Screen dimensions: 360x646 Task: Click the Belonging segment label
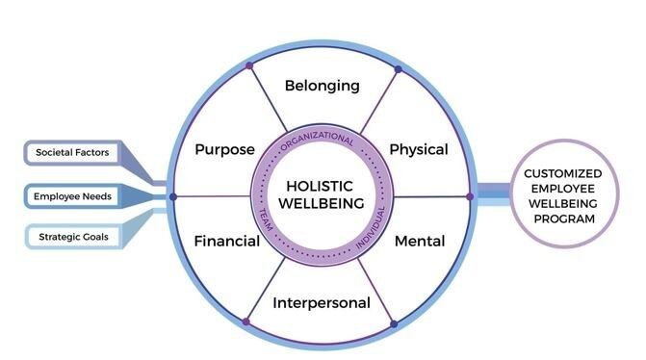click(322, 86)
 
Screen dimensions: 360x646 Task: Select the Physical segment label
click(418, 149)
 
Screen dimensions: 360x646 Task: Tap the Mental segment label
click(420, 241)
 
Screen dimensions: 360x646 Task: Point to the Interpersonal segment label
click(322, 303)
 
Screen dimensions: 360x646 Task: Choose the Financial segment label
click(226, 241)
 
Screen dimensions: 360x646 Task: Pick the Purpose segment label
click(224, 149)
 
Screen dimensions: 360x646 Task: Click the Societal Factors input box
click(73, 152)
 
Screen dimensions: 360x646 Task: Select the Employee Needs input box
click(73, 196)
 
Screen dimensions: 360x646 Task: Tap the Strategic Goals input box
click(73, 237)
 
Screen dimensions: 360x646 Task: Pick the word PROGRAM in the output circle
click(563, 219)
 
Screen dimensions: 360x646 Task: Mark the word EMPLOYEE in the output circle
click(563, 188)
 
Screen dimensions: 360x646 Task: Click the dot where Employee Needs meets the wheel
click(173, 196)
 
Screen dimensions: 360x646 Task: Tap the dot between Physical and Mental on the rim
click(470, 196)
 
